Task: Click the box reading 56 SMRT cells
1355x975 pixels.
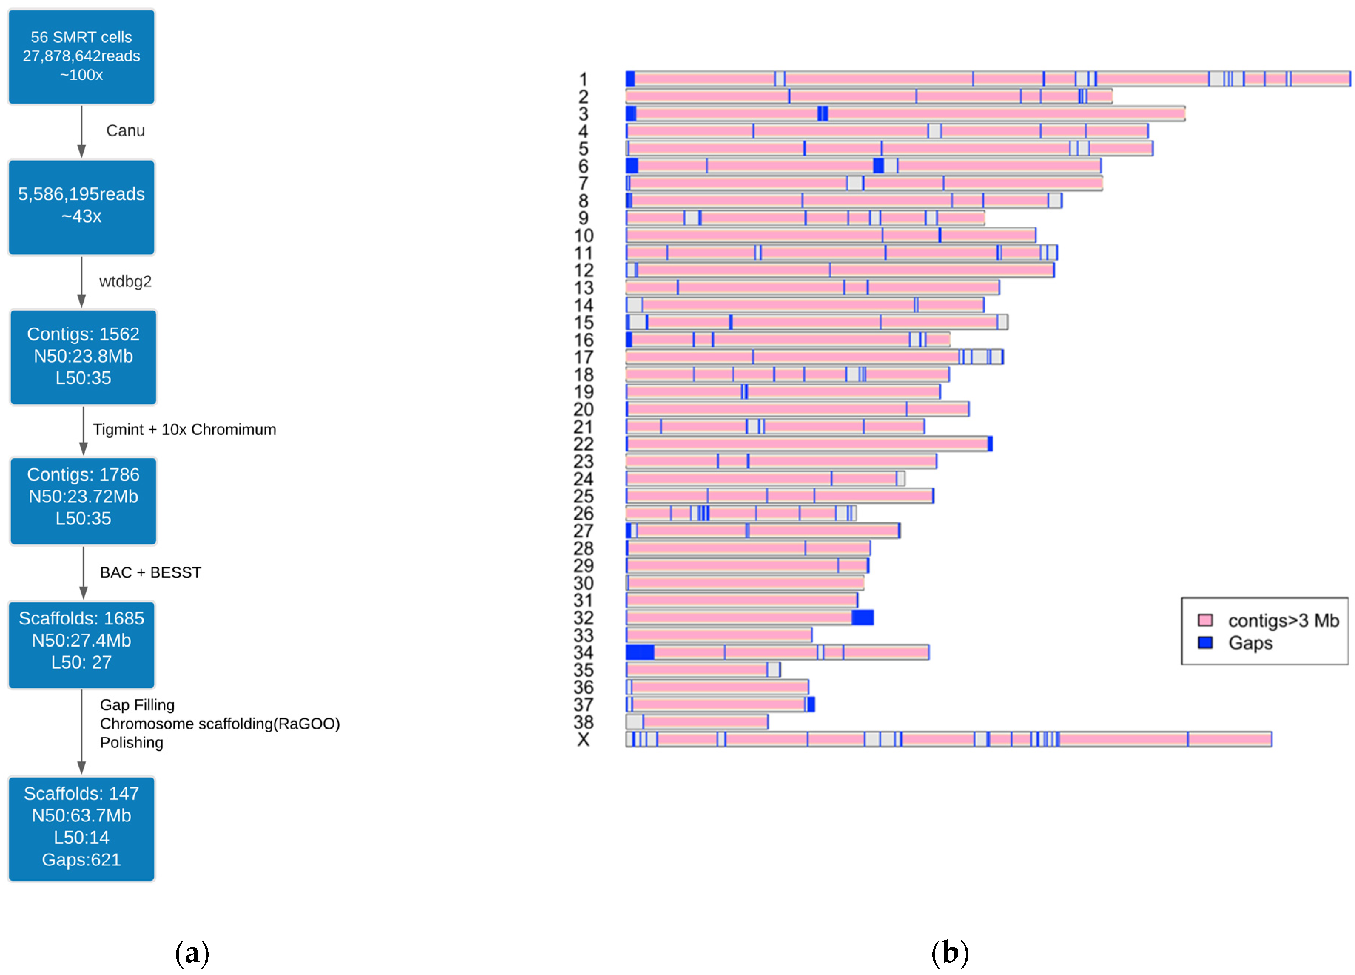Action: pyautogui.click(x=81, y=56)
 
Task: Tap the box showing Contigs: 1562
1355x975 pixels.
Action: pyautogui.click(x=83, y=356)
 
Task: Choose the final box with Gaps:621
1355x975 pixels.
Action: pyautogui.click(x=81, y=828)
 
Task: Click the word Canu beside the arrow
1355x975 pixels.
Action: pyautogui.click(x=125, y=131)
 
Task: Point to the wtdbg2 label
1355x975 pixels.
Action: pyautogui.click(x=125, y=281)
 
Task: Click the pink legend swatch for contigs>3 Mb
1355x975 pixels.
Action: pyautogui.click(x=1205, y=620)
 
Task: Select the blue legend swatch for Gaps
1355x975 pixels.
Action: pyautogui.click(x=1205, y=642)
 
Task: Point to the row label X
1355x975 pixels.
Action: pyautogui.click(x=583, y=739)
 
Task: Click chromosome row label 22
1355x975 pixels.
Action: pyautogui.click(x=583, y=444)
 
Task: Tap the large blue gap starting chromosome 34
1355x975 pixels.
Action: pyautogui.click(x=640, y=652)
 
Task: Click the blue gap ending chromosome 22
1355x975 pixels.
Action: pyautogui.click(x=990, y=444)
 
